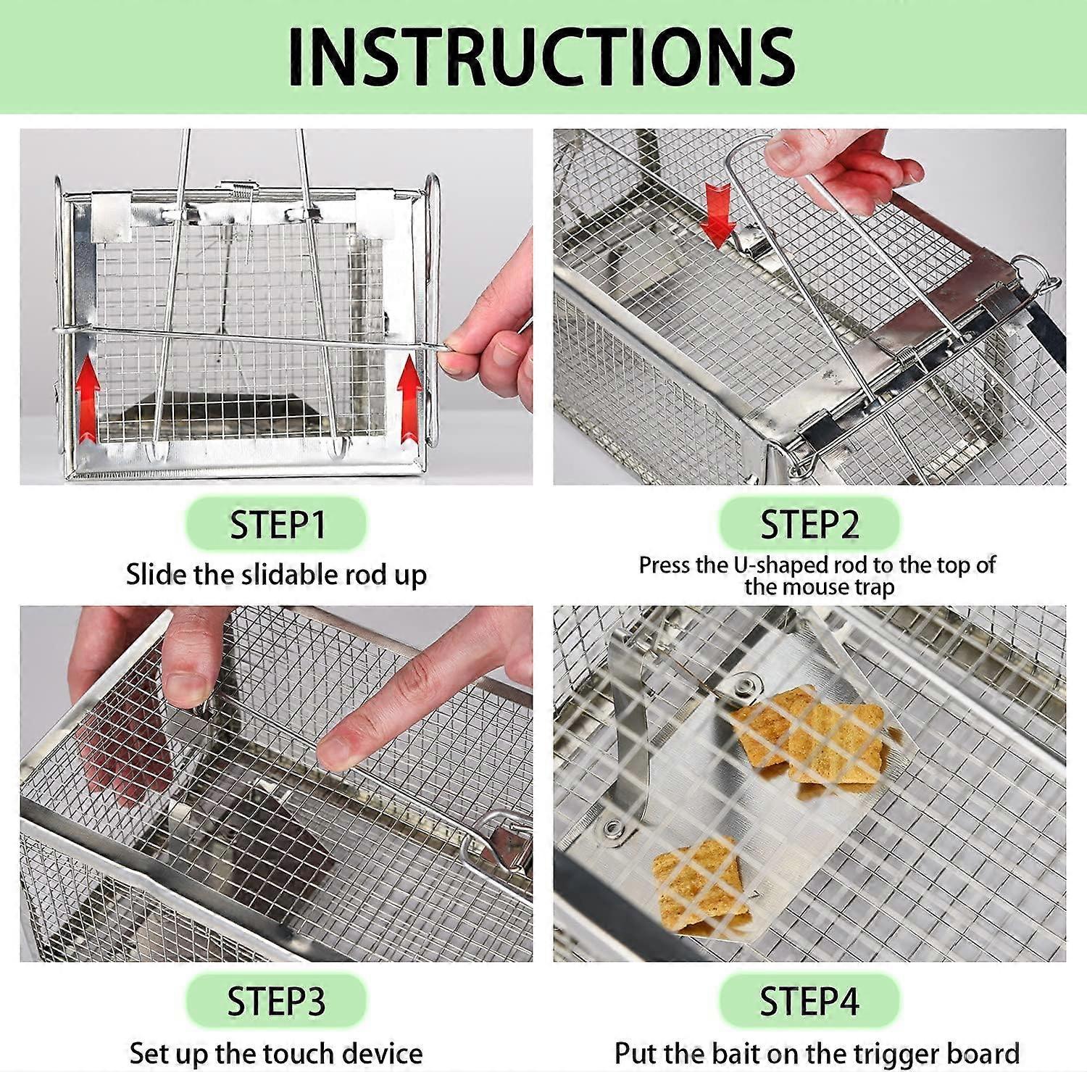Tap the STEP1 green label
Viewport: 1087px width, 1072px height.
tap(276, 524)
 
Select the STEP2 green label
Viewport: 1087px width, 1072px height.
tap(809, 524)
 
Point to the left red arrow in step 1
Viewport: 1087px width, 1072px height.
tap(88, 398)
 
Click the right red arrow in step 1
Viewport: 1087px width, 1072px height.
tap(409, 398)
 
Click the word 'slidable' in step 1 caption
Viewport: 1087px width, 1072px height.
tap(290, 575)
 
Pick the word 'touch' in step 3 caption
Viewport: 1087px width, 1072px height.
tap(299, 1052)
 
